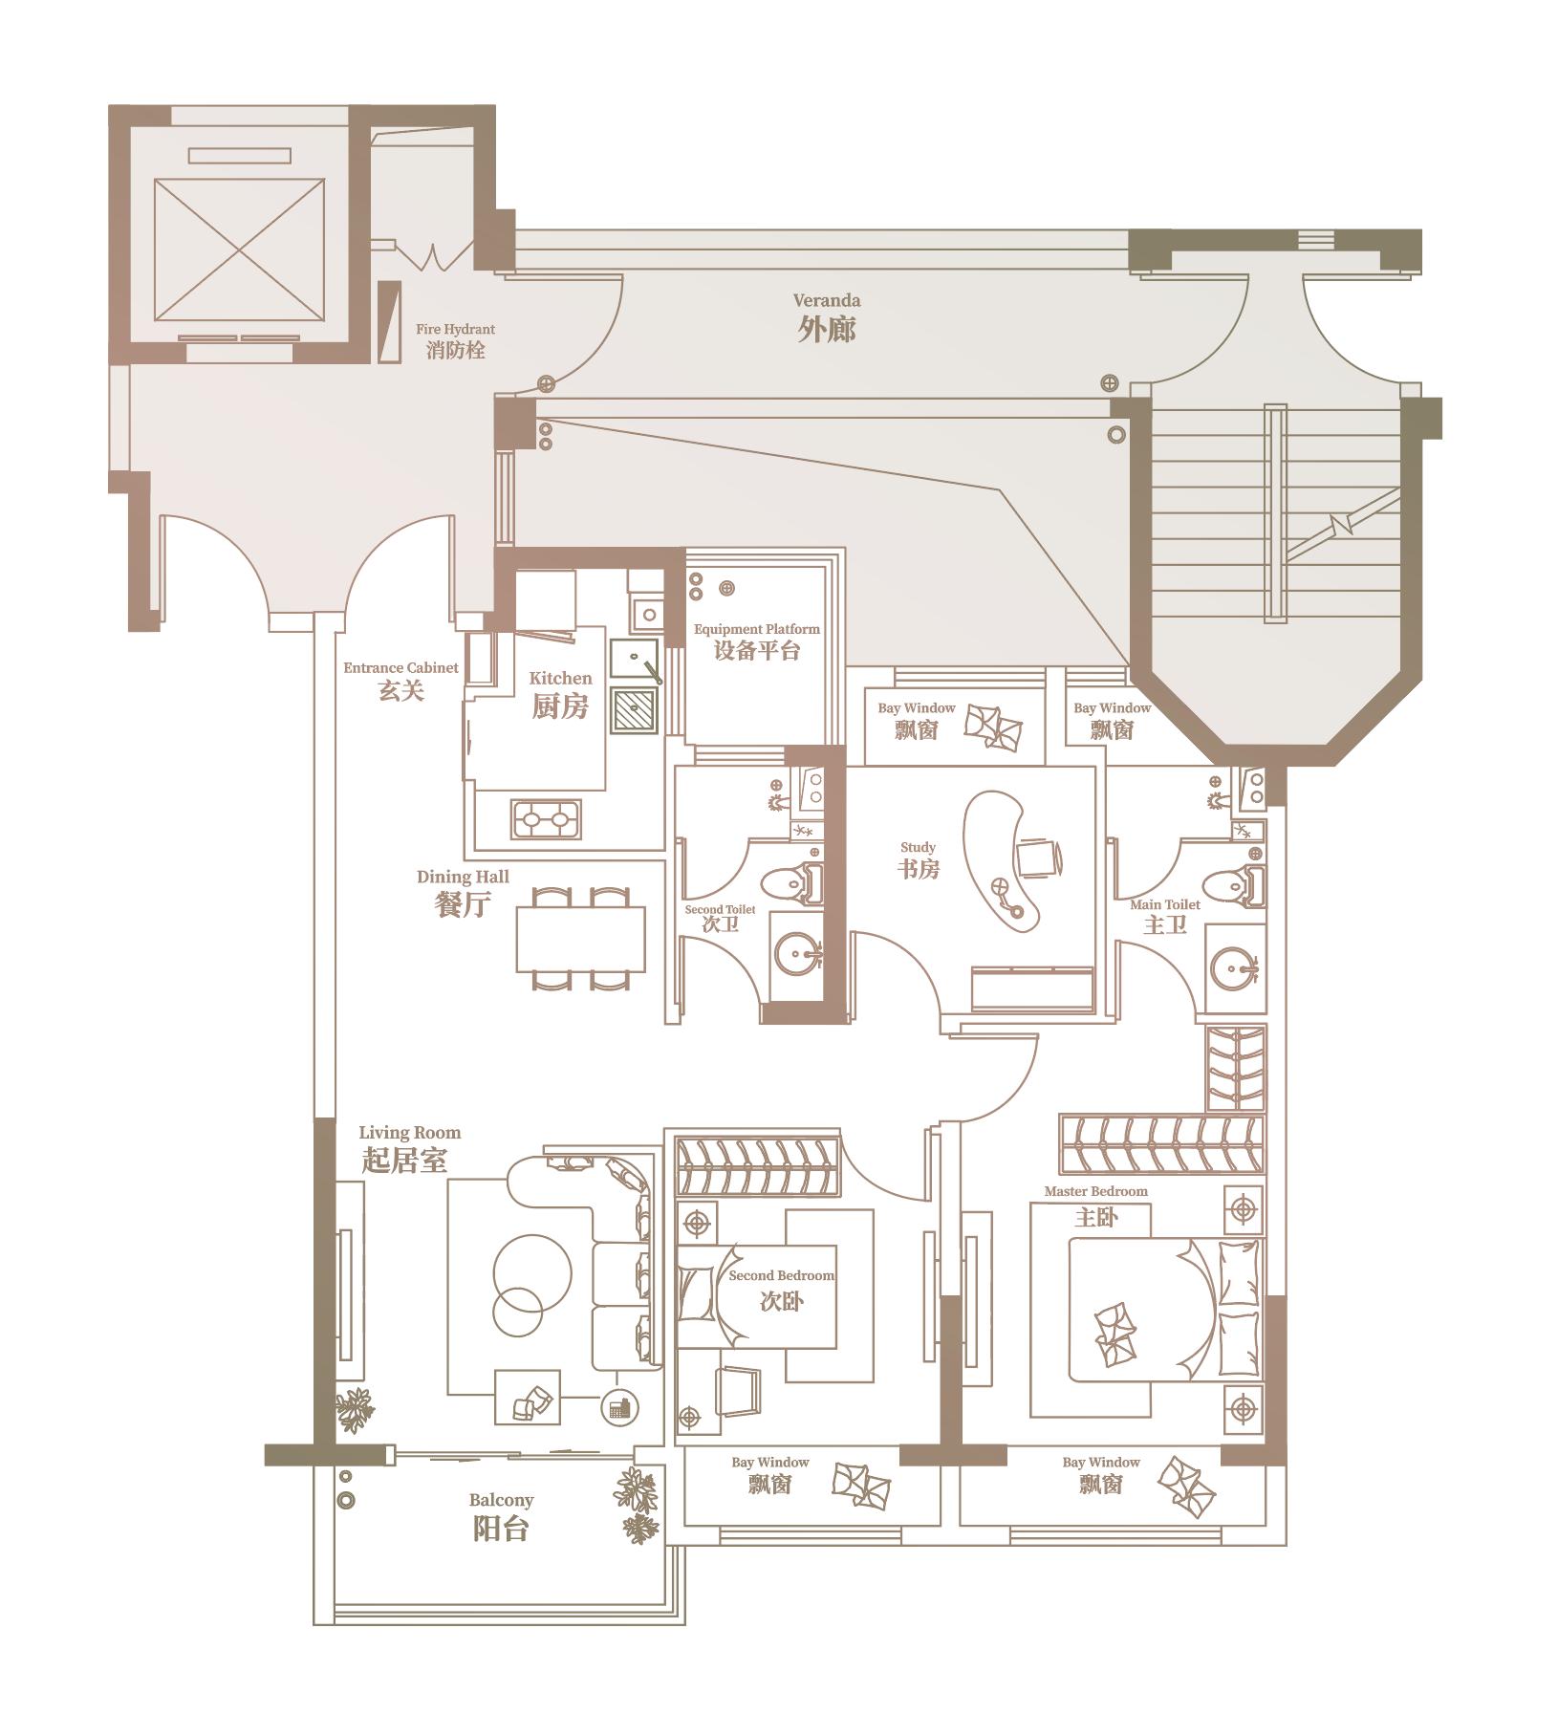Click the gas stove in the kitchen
click(x=547, y=819)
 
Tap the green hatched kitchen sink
click(x=634, y=709)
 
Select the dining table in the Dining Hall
click(x=580, y=939)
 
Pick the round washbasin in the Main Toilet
click(x=1234, y=967)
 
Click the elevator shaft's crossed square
click(x=239, y=250)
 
